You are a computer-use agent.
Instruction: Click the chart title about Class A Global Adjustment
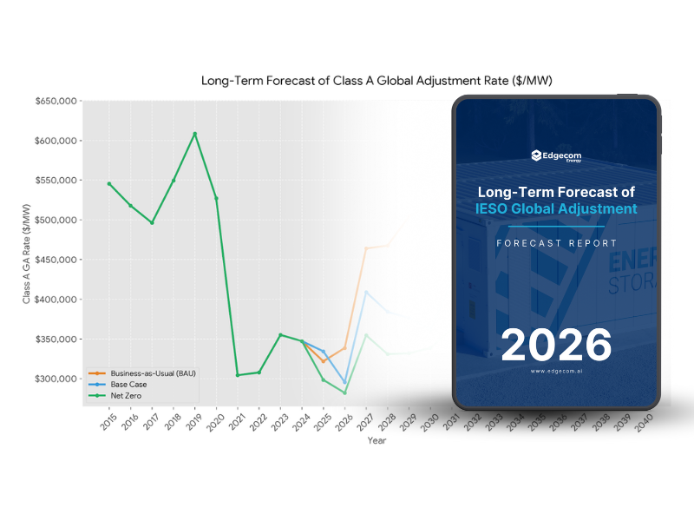pyautogui.click(x=376, y=81)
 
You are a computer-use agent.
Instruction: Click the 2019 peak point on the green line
pyautogui.click(x=194, y=134)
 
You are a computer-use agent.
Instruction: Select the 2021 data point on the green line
pyautogui.click(x=238, y=375)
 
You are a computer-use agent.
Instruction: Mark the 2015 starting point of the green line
pyautogui.click(x=109, y=183)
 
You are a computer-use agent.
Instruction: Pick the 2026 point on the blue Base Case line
pyautogui.click(x=344, y=382)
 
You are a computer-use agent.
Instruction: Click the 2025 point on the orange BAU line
pyautogui.click(x=324, y=361)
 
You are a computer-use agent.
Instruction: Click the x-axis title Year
pyautogui.click(x=376, y=441)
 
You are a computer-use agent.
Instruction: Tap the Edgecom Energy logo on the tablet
pyautogui.click(x=557, y=156)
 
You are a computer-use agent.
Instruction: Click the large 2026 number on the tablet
pyautogui.click(x=556, y=344)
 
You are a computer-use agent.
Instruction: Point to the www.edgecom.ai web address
pyautogui.click(x=556, y=371)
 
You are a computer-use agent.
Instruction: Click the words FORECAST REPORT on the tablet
pyautogui.click(x=556, y=243)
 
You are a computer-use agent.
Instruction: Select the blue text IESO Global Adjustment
pyautogui.click(x=556, y=209)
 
